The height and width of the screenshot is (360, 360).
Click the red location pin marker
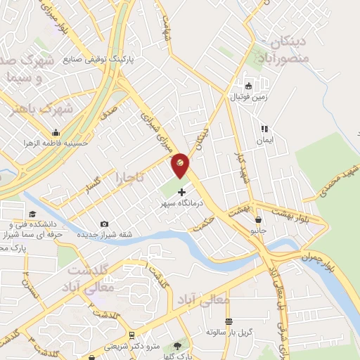181,165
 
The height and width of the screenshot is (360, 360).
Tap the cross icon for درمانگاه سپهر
182,192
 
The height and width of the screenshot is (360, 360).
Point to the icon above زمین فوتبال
249,86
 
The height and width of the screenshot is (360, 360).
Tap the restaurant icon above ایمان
264,129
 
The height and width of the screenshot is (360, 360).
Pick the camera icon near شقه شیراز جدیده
105,224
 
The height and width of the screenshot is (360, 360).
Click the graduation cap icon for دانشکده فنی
32,214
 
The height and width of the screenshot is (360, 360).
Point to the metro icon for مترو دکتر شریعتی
132,336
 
